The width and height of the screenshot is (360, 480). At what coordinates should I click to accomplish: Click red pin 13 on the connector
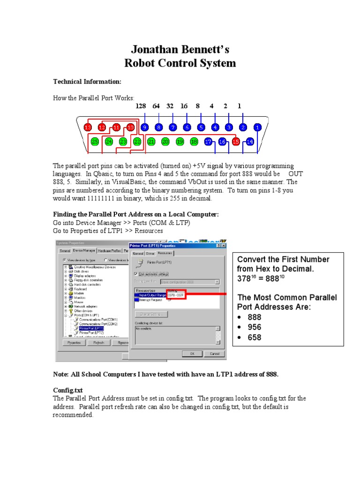coord(88,127)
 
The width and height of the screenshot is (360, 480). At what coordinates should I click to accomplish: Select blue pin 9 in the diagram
coord(145,127)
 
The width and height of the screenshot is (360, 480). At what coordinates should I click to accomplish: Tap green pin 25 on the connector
coord(95,141)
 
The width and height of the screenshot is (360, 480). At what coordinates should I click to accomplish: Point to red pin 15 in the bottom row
coord(236,141)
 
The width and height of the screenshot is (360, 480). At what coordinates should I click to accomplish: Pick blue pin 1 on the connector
coord(257,127)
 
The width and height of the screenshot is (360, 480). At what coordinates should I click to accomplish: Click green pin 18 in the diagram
coord(194,141)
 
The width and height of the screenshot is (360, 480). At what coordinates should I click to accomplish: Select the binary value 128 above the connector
coord(141,106)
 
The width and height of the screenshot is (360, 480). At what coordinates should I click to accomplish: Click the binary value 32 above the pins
coord(170,106)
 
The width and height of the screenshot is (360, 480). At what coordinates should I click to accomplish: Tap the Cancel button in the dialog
coord(214,353)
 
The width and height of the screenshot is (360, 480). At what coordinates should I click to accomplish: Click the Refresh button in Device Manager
coord(98,343)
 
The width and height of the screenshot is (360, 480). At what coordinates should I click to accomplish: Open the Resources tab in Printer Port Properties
coord(165,253)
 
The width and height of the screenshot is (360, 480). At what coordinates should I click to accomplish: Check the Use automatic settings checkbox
coord(136,274)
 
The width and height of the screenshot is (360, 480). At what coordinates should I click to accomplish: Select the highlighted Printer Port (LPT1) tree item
coord(91,328)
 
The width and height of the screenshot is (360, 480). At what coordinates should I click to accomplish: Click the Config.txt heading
coord(67,390)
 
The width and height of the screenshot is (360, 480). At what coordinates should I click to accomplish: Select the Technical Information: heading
coord(87,82)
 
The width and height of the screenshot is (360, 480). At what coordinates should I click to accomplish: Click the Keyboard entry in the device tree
coord(81,289)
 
